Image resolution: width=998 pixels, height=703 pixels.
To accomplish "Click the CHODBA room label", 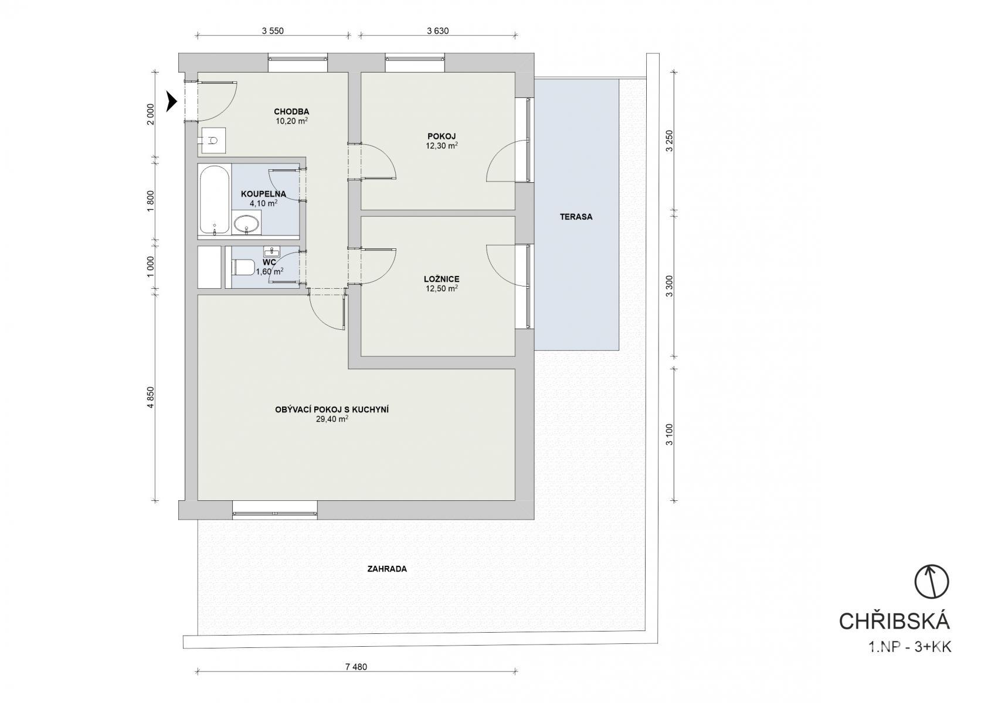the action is pos(291,112).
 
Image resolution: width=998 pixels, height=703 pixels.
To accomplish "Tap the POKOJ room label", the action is pos(442,136).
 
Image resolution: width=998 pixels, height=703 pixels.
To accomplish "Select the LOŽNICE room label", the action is pos(442,279).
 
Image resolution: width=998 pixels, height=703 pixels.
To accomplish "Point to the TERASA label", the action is pos(576,217).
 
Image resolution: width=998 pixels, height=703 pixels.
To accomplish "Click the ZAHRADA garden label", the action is pos(387,569).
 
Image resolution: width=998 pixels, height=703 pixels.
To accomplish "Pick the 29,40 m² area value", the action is pos(332,419).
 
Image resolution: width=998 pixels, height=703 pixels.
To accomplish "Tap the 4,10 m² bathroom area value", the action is pos(263,203).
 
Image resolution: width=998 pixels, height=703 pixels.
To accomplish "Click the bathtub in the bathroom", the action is pos(215,200).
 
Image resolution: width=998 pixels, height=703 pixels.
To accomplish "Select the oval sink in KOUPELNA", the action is pos(246,224).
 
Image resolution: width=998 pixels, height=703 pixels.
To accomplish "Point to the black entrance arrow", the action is pos(172,101).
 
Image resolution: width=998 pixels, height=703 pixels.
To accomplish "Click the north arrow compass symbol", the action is pos(932,582).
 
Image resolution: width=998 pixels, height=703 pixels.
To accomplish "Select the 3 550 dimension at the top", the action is pos(273,30).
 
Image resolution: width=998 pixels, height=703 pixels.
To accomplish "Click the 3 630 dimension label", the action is pos(437,30).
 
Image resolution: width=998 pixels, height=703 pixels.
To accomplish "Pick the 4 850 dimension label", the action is pos(151,398).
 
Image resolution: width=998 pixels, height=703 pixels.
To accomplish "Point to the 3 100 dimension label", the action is pos(669,434).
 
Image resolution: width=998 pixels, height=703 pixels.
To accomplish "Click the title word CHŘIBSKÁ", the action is pos(894,622).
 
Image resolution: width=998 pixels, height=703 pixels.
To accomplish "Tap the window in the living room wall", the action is pos(275,510).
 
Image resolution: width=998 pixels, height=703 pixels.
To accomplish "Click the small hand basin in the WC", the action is pos(271,251).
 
